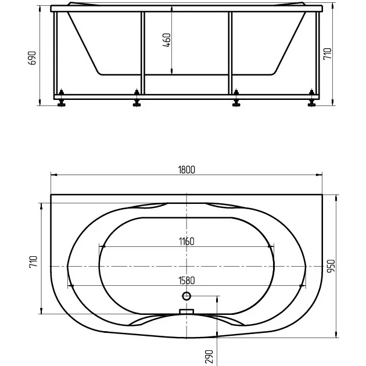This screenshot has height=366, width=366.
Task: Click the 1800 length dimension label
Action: (x=186, y=170)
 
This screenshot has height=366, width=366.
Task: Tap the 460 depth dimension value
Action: (x=167, y=40)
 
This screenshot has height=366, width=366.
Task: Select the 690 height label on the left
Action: (x=32, y=58)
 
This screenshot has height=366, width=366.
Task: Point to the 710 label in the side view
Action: (x=327, y=53)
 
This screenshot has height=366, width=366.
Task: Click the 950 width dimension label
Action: (x=331, y=265)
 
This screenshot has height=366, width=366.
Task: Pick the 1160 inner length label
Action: (x=186, y=241)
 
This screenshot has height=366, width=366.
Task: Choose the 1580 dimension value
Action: (x=186, y=281)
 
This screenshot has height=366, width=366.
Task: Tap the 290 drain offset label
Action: (x=209, y=357)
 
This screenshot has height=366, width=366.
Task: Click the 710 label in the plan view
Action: (x=33, y=262)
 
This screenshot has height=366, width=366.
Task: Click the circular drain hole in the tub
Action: (x=186, y=296)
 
